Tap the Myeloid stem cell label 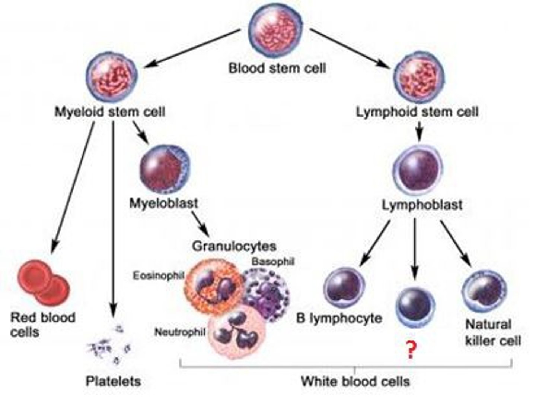tap(110, 111)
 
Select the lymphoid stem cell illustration tap(419, 77)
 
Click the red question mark tap(411, 350)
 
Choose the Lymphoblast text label tap(422, 205)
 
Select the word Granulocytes tap(234, 246)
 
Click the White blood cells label tap(355, 381)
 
